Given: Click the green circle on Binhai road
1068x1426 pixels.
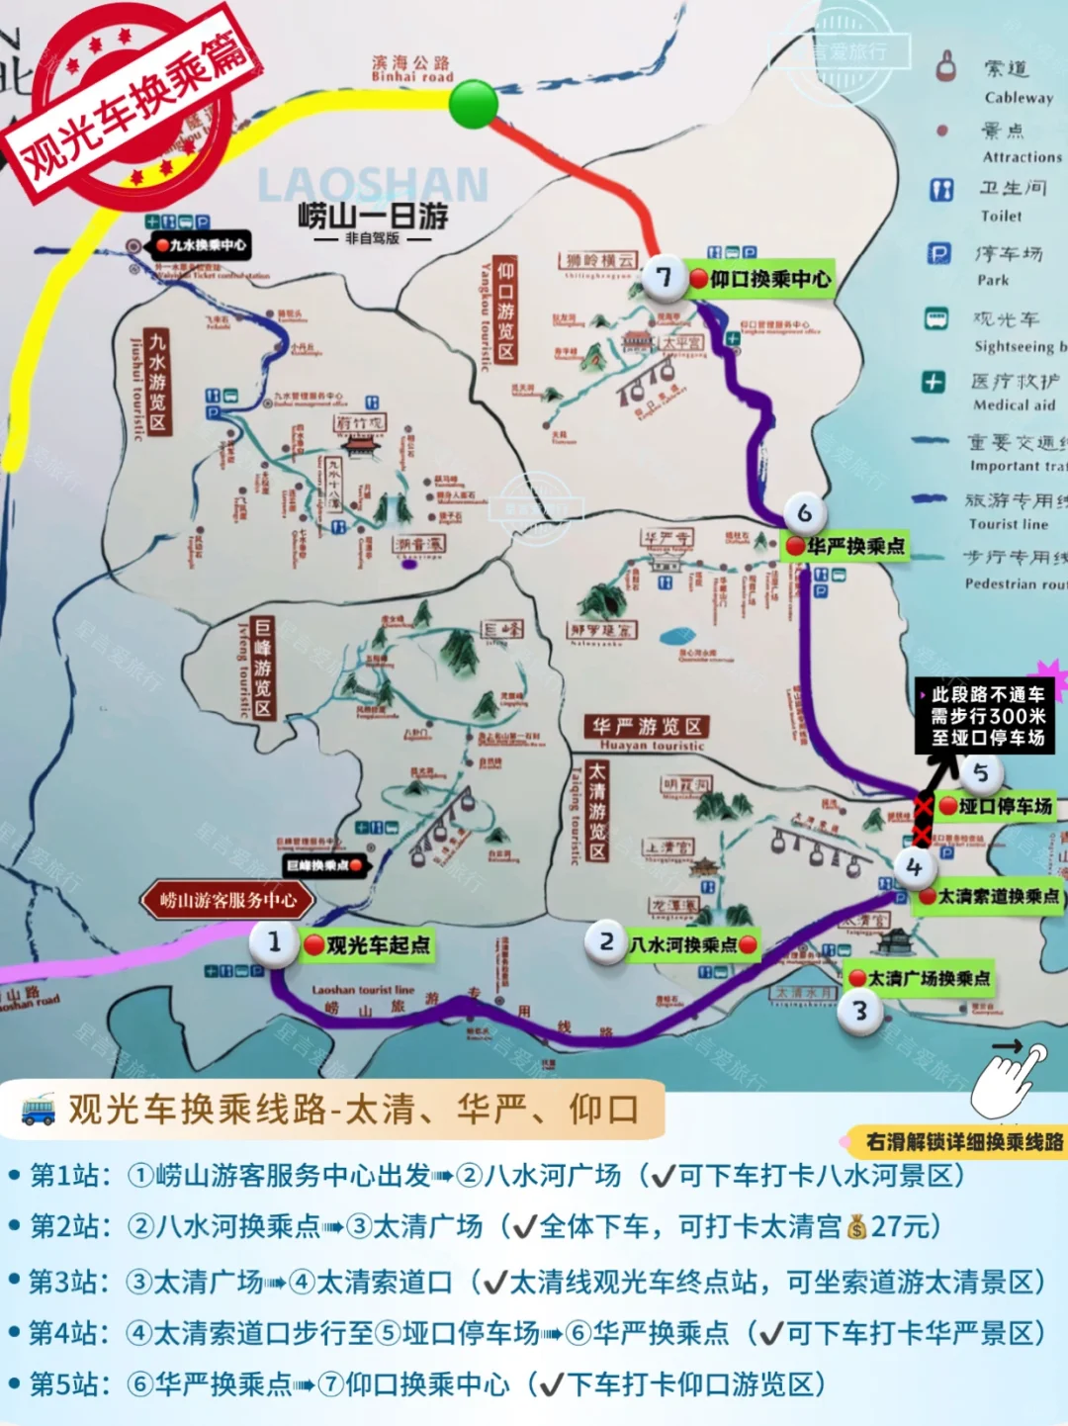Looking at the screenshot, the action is pyautogui.click(x=474, y=104).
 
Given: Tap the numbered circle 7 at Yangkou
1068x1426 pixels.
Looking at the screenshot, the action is pyautogui.click(x=664, y=278).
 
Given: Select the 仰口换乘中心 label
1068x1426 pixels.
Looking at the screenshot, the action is pyautogui.click(x=760, y=279).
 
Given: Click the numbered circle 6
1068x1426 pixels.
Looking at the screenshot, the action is pyautogui.click(x=804, y=513).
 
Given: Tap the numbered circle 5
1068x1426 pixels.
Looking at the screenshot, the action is pyautogui.click(x=980, y=772).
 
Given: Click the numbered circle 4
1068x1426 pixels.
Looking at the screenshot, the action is pyautogui.click(x=913, y=867).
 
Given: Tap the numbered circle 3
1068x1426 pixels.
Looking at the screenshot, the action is pyautogui.click(x=859, y=1011).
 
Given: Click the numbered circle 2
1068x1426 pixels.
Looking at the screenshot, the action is pyautogui.click(x=606, y=941).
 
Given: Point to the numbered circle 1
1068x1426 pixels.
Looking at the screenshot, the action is pyautogui.click(x=274, y=941).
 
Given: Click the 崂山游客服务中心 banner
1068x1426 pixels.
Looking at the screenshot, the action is pyautogui.click(x=228, y=900).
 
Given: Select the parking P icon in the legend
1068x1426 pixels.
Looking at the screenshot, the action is pyautogui.click(x=938, y=254).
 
